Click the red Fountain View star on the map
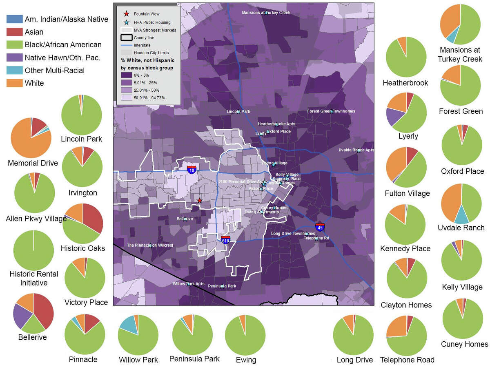(199, 201)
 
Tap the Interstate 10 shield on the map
(192, 169)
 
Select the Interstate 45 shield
(320, 227)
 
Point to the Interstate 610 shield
(225, 240)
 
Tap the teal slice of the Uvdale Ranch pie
(461, 214)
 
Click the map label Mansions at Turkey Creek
(266, 13)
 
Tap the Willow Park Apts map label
(188, 283)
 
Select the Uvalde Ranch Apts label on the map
(356, 150)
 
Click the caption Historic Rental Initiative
(34, 278)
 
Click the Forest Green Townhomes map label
(331, 111)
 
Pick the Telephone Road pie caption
(407, 360)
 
